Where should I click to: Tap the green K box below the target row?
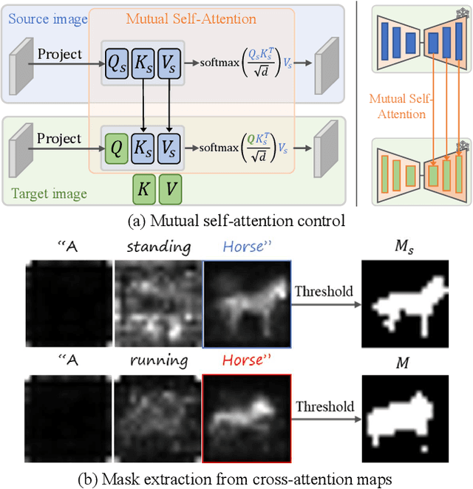tap(144, 190)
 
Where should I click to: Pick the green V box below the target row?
tap(170, 190)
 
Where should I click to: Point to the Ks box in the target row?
tap(143, 148)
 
